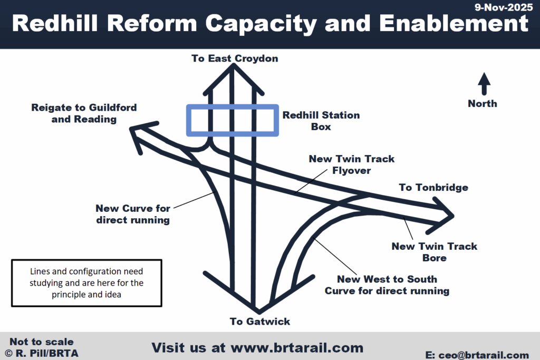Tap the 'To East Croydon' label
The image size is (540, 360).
click(x=234, y=59)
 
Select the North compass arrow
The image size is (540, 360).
click(x=484, y=84)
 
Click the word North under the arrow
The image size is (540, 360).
click(x=483, y=103)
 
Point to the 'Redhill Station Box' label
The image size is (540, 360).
click(x=321, y=121)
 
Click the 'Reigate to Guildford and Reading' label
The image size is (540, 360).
click(x=83, y=113)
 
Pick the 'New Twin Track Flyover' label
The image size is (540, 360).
click(x=351, y=164)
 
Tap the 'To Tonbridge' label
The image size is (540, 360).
click(x=433, y=188)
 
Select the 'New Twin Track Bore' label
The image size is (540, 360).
click(x=434, y=252)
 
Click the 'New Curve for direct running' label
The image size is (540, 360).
click(x=133, y=215)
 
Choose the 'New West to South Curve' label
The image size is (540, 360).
click(x=387, y=285)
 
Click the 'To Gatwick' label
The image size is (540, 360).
click(x=260, y=322)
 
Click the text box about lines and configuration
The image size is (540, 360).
click(x=86, y=283)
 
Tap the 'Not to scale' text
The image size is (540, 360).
click(x=41, y=342)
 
